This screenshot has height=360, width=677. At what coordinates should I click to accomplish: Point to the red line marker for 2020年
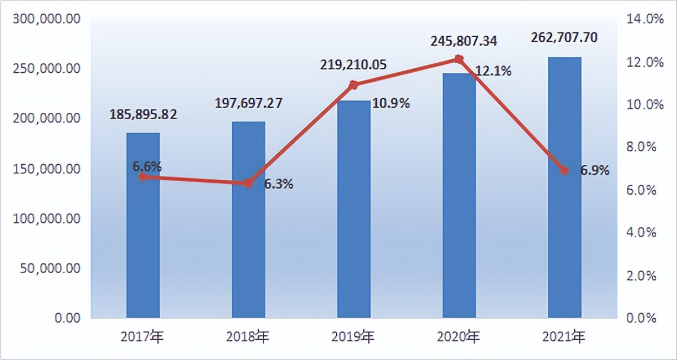tap(459, 59)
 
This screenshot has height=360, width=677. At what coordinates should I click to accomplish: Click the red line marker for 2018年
tap(248, 183)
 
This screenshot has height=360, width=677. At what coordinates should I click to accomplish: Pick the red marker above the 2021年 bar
tap(564, 170)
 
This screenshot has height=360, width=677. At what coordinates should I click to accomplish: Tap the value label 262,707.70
tap(564, 37)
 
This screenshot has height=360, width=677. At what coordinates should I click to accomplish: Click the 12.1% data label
tap(493, 71)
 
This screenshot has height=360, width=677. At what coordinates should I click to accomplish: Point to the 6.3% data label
tap(279, 184)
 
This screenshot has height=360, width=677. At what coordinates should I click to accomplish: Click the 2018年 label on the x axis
tap(248, 337)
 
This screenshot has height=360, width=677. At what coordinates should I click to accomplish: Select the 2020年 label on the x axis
tap(459, 337)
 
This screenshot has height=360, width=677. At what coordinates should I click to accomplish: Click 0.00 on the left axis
tap(68, 318)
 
